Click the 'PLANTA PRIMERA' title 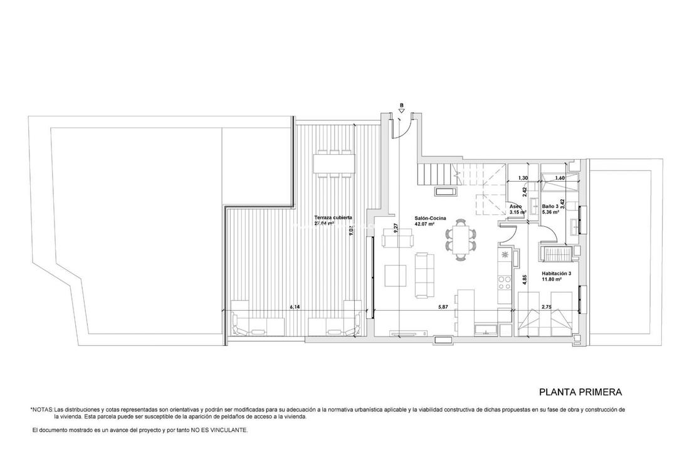tap(580, 392)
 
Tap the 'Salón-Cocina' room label tap(429, 218)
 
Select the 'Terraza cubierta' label tap(333, 218)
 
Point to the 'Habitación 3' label tap(557, 274)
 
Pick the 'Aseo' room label tap(515, 206)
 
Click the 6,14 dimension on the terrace tap(295, 307)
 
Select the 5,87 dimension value tap(443, 307)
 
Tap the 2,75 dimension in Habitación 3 tap(547, 307)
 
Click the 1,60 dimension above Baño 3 tap(560, 178)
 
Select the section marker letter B tap(401, 105)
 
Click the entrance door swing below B tap(404, 129)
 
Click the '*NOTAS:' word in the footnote tap(42, 409)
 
